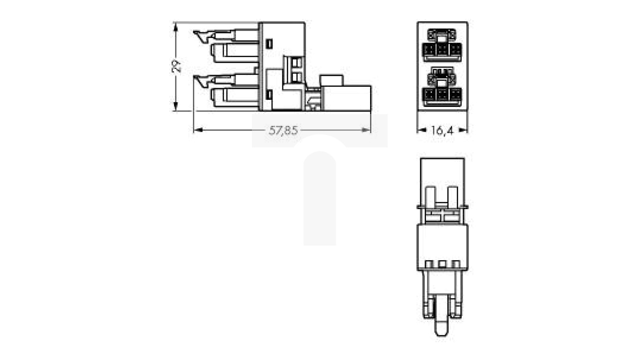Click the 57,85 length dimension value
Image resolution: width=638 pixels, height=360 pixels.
coord(283,131)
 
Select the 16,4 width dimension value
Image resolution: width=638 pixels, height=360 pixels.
coord(442,131)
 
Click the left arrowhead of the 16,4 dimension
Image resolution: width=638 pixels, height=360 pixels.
coord(421,131)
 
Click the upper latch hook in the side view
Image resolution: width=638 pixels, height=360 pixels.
coord(202,36)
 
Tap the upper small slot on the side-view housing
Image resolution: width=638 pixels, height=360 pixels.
coord(269,44)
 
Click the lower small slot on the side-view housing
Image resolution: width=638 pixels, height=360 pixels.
coord(269,95)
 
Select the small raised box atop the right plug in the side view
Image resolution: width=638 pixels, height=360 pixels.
coord(332,80)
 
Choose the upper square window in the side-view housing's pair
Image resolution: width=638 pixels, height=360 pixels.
coord(296,62)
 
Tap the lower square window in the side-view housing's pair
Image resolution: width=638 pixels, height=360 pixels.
coord(296,76)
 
